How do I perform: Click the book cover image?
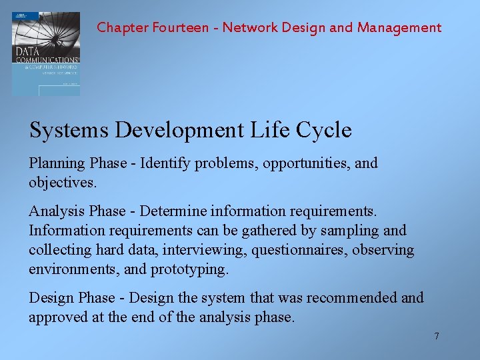(x=45, y=54)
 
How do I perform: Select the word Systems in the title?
(x=69, y=130)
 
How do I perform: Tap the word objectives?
(x=63, y=182)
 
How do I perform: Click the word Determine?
(x=174, y=212)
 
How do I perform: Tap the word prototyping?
(x=189, y=269)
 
